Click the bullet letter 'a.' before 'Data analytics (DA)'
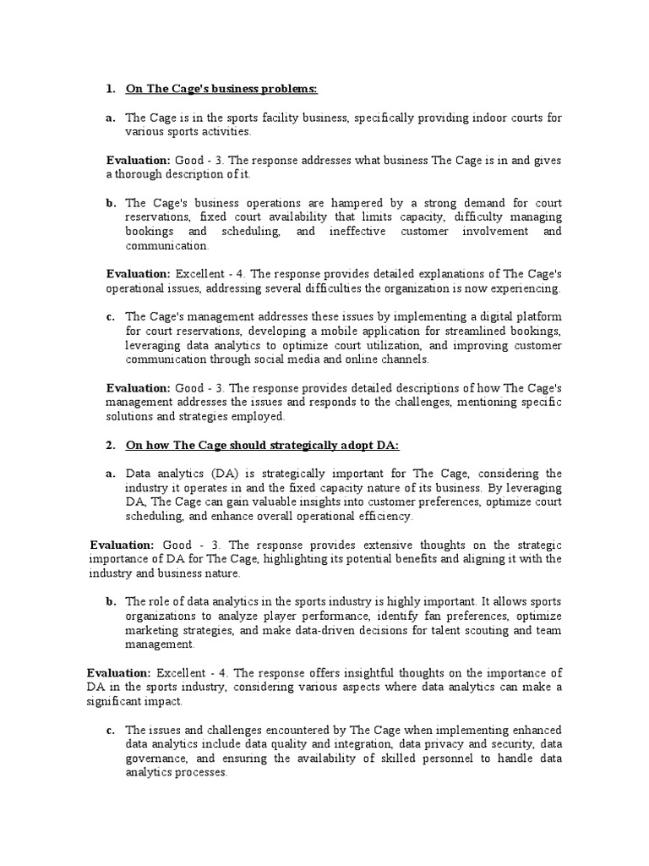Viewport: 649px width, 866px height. point(111,474)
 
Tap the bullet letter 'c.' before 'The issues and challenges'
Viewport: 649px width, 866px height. point(111,731)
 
